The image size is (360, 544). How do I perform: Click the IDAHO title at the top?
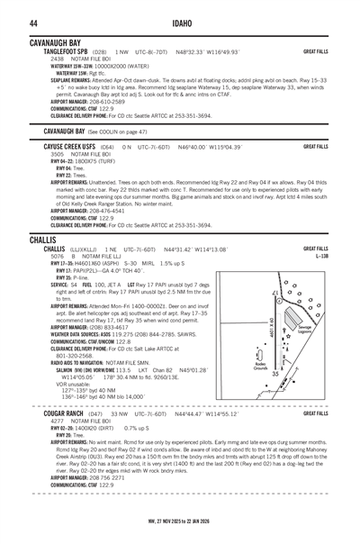click(x=179, y=23)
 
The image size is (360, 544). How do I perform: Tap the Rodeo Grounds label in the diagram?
click(x=261, y=367)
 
